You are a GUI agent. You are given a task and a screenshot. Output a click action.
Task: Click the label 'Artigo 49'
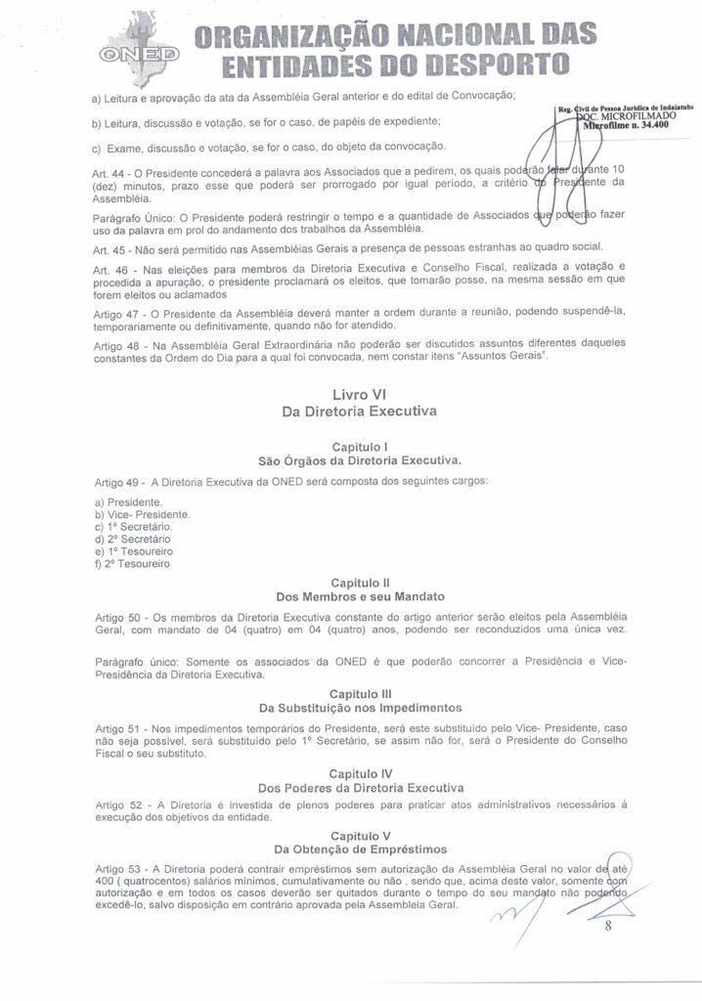click(x=120, y=482)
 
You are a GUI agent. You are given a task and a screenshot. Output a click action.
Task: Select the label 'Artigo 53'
click(x=120, y=867)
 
